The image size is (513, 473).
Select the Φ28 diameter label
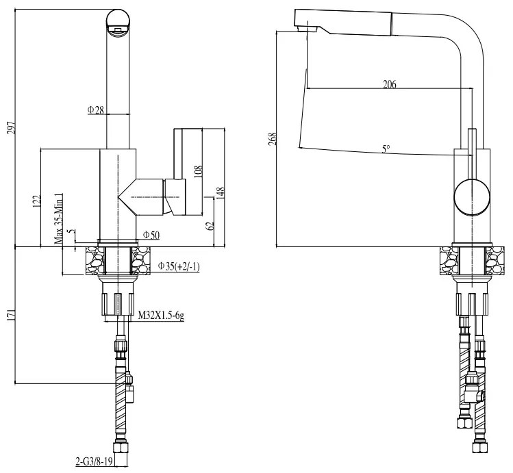coord(96,110)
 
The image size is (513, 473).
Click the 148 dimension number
coord(221,195)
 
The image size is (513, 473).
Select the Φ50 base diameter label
coord(151,235)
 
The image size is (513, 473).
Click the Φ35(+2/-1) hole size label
coord(179,266)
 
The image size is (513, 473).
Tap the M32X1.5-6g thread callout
coord(162,316)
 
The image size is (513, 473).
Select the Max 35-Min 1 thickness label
coord(59,218)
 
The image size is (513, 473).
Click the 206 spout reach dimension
coord(389,84)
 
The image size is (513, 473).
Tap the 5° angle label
coord(386,147)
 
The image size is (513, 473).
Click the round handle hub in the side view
coord(473,197)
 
